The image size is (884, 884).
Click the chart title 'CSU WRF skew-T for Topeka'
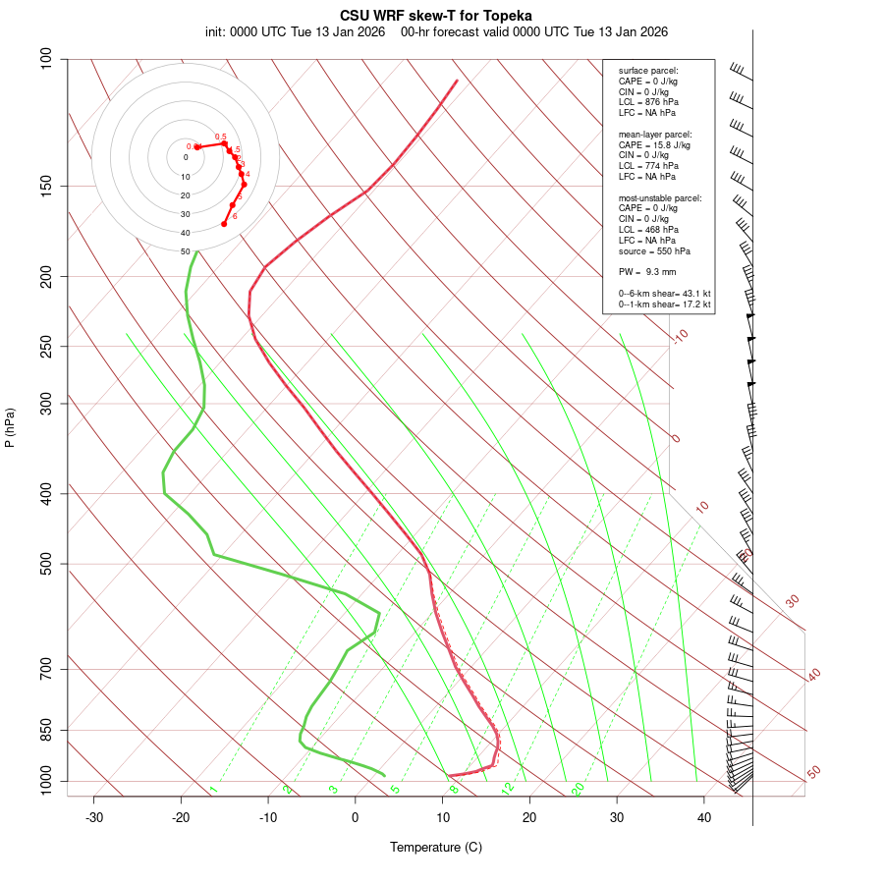436,16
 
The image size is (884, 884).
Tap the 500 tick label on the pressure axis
45,564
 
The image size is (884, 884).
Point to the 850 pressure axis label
45,730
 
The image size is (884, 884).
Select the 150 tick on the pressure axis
45,186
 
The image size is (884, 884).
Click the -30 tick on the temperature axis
94,817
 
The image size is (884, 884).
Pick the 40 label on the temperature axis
703,817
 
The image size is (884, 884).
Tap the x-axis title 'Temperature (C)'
436,847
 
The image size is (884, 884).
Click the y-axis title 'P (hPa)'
10,428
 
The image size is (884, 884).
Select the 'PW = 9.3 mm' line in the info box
647,272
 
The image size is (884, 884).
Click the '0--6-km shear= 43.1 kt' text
664,294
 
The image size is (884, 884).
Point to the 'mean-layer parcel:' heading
655,134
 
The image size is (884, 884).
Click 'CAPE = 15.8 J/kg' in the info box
654,144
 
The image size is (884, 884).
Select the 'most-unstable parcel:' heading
660,198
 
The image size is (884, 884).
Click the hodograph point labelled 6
224,224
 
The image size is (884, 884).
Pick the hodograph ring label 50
185,251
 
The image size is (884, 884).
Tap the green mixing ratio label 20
578,788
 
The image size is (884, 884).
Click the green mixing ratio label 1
213,789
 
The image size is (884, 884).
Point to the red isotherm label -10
680,336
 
